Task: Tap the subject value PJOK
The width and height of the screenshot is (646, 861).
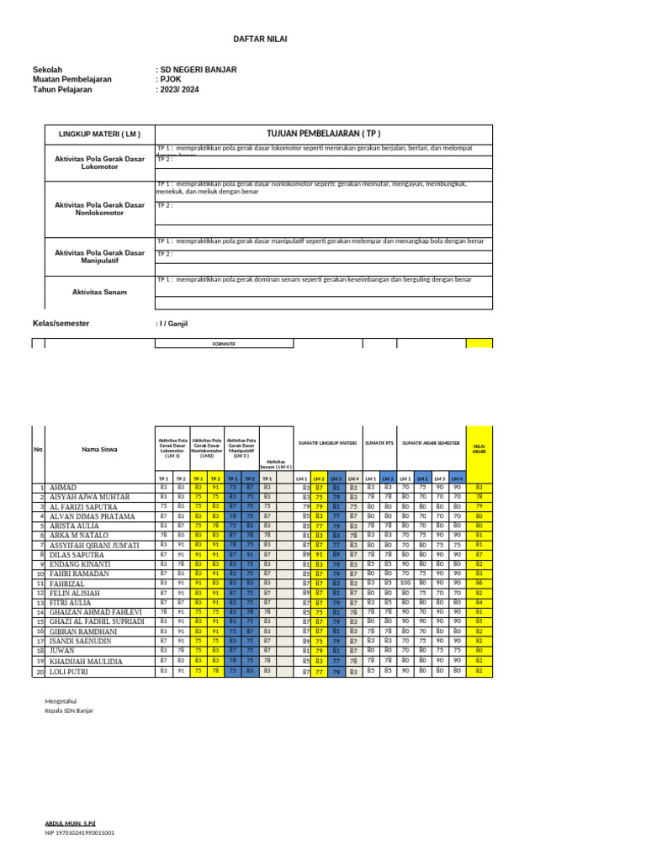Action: (171, 79)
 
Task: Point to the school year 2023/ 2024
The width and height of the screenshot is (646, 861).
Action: (181, 89)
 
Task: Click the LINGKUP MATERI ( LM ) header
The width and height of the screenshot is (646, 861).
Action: (99, 134)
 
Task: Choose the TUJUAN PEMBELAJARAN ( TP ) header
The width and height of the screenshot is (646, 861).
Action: (324, 134)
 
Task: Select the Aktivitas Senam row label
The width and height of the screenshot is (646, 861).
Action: (99, 291)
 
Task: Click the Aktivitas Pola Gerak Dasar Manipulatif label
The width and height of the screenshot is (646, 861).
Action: (99, 256)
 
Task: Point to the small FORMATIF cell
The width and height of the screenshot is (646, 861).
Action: (224, 344)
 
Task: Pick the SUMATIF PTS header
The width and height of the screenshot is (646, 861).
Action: (379, 442)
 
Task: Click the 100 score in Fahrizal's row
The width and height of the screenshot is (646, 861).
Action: (405, 582)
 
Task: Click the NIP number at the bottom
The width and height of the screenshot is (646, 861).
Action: (80, 832)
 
